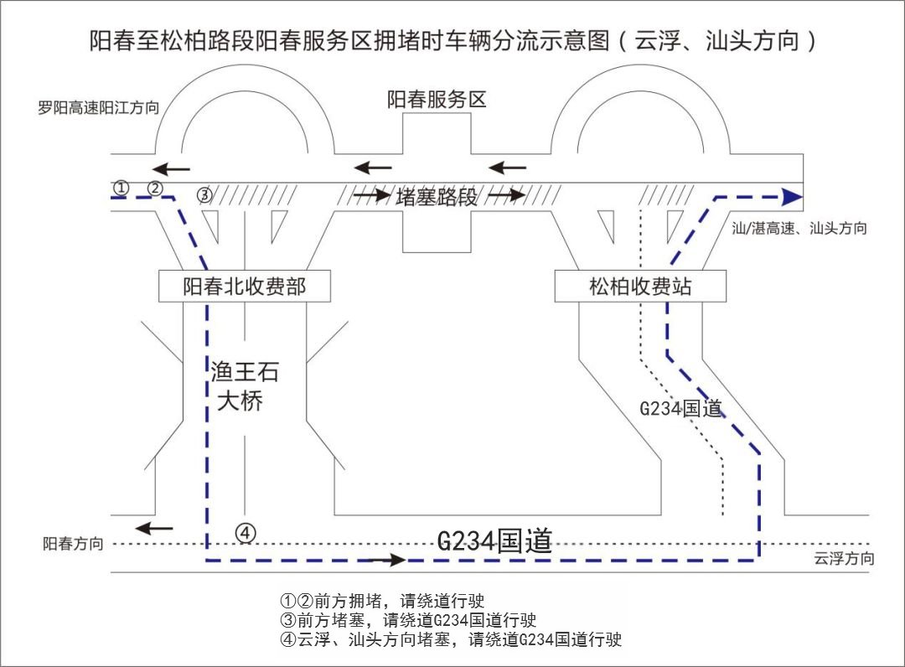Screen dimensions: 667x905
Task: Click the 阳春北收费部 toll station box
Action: tap(245, 287)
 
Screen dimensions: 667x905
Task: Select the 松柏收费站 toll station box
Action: tap(640, 287)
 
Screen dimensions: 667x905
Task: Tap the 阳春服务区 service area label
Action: tap(437, 100)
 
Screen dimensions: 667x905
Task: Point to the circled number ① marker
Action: tap(122, 188)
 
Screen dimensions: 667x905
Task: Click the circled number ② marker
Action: tap(155, 188)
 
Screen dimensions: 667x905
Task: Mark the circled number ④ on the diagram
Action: tap(245, 531)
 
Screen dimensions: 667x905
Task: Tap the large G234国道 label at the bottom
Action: tap(494, 540)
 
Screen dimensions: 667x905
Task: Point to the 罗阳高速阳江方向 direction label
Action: tap(99, 107)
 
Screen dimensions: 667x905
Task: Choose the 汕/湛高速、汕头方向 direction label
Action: tap(799, 228)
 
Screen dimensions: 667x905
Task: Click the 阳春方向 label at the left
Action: tap(74, 544)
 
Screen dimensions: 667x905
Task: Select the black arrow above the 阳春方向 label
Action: tap(155, 528)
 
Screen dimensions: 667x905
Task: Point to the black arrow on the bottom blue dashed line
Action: tap(386, 559)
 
